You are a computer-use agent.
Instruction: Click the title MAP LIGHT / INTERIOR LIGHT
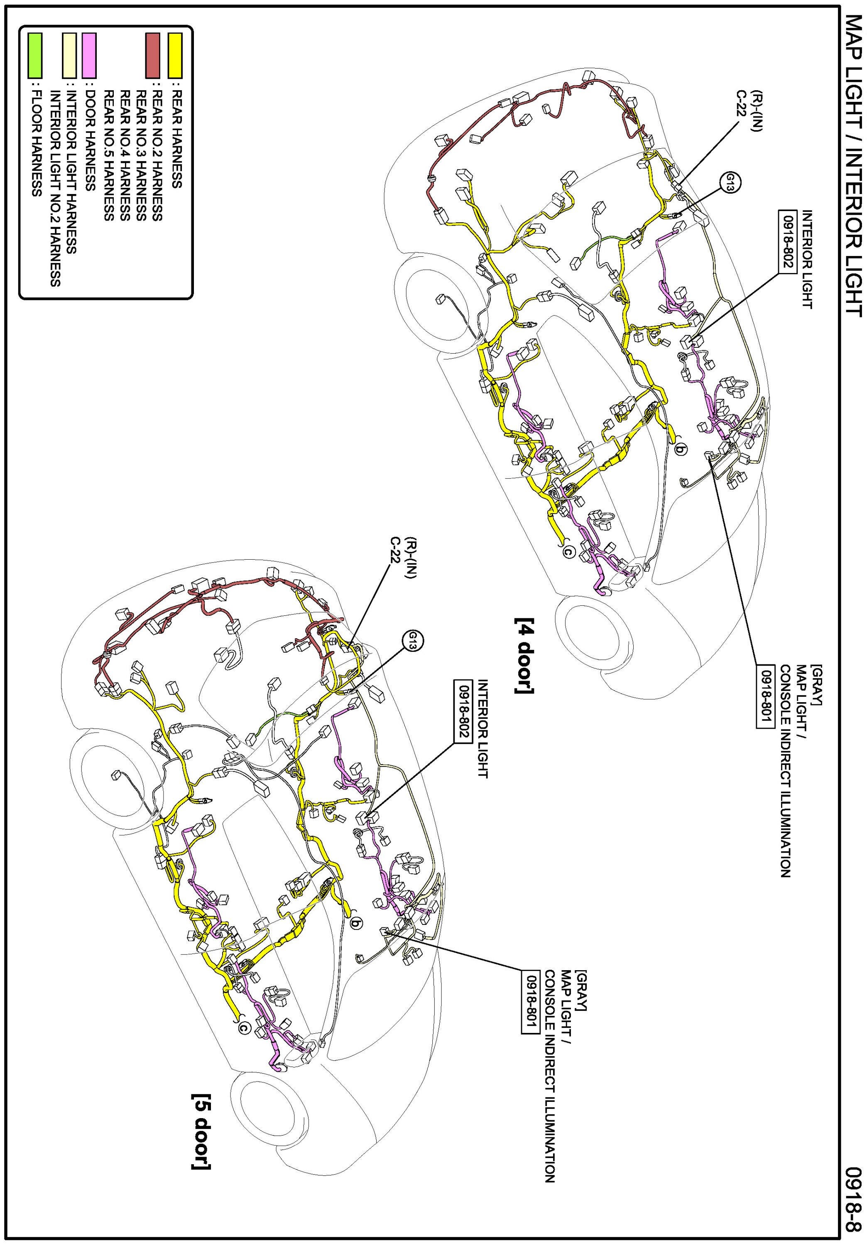(x=853, y=166)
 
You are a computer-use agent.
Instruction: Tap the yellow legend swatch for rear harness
(x=175, y=55)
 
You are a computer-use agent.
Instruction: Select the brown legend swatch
(x=153, y=55)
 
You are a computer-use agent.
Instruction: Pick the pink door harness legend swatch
(x=89, y=55)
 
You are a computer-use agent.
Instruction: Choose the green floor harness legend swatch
(x=35, y=55)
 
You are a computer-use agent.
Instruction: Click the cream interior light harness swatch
(x=69, y=55)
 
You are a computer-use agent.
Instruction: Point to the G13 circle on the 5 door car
(x=413, y=641)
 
